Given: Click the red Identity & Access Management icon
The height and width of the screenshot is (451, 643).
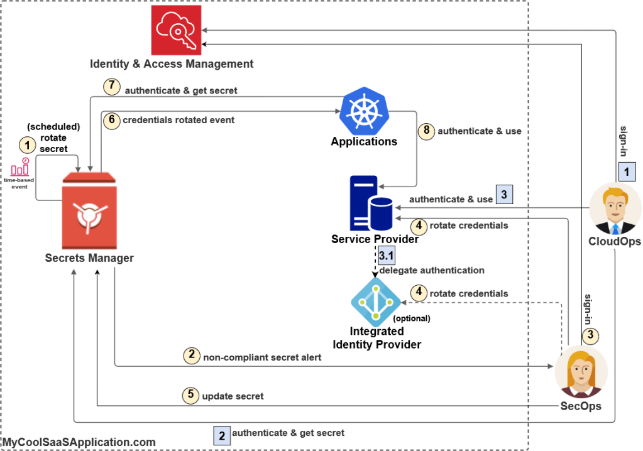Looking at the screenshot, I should point(175,30).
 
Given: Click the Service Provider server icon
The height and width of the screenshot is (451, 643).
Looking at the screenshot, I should point(371,204).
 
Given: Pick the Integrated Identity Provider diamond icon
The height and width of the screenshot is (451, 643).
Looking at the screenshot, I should point(375,302).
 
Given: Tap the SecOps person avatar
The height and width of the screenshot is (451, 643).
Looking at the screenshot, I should point(581,371).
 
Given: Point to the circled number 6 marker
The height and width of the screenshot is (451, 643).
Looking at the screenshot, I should point(111,120).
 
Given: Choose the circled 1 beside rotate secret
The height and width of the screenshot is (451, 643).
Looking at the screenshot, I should point(27,146).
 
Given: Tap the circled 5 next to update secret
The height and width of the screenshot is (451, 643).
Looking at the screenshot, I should point(190,395).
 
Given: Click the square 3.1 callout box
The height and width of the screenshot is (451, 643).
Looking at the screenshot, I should point(386,255).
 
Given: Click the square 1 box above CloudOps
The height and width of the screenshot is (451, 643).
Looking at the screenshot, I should point(627,170).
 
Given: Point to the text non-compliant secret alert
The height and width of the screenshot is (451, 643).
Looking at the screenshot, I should point(262,358).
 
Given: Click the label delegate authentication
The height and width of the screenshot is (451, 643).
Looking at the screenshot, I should point(432,270).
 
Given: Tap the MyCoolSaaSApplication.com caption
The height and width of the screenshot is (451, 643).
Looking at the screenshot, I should point(78,442).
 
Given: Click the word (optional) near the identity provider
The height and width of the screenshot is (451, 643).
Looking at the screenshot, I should point(410,318).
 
